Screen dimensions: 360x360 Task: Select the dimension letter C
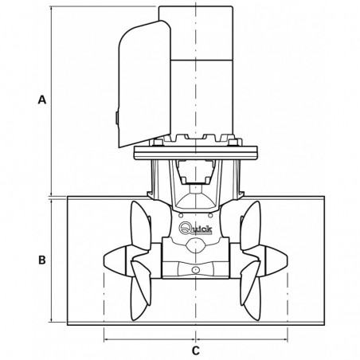(x=195, y=350)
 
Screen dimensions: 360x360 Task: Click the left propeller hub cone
(x=113, y=259)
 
